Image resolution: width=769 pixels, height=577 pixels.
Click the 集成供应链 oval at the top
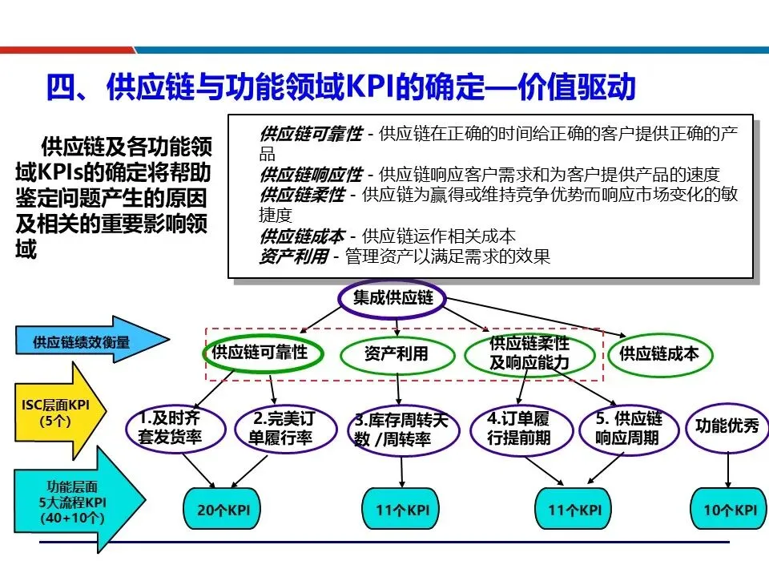(393, 298)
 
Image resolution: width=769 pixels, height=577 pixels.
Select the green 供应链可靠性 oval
(259, 353)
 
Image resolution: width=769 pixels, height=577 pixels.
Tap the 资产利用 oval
(397, 353)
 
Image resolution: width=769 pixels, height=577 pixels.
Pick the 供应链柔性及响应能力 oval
(529, 353)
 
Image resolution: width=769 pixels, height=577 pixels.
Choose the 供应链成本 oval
(658, 353)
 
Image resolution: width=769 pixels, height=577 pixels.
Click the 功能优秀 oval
(727, 426)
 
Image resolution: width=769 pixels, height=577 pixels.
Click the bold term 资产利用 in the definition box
(293, 256)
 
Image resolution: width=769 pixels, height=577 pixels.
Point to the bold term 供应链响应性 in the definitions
(311, 174)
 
